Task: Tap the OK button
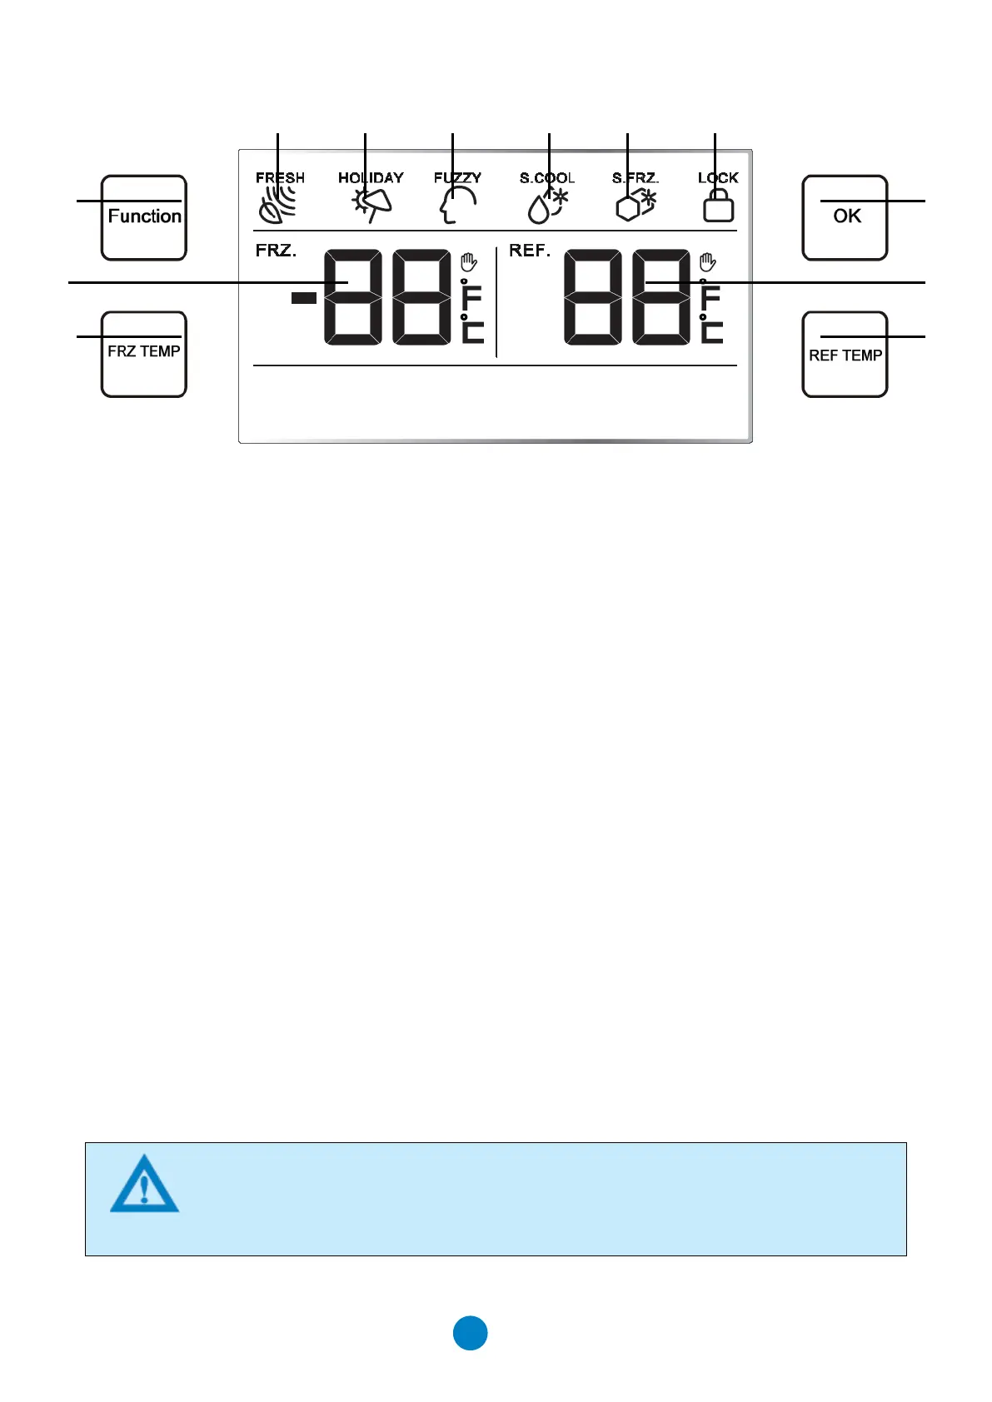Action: [845, 218]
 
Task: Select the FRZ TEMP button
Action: [144, 355]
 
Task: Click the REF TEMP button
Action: [845, 355]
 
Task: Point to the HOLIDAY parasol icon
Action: [371, 205]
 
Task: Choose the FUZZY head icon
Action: [457, 205]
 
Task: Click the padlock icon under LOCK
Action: [718, 206]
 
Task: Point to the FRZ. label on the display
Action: [276, 251]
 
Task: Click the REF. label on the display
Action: [530, 251]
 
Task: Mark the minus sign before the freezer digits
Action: [304, 297]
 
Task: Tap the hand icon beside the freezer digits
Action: [469, 263]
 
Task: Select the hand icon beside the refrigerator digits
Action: [708, 263]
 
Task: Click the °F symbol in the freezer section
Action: [471, 296]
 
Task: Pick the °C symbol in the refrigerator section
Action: [710, 331]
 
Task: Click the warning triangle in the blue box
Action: [144, 1184]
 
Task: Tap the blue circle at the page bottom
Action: [471, 1333]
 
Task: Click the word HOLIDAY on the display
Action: [371, 177]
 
